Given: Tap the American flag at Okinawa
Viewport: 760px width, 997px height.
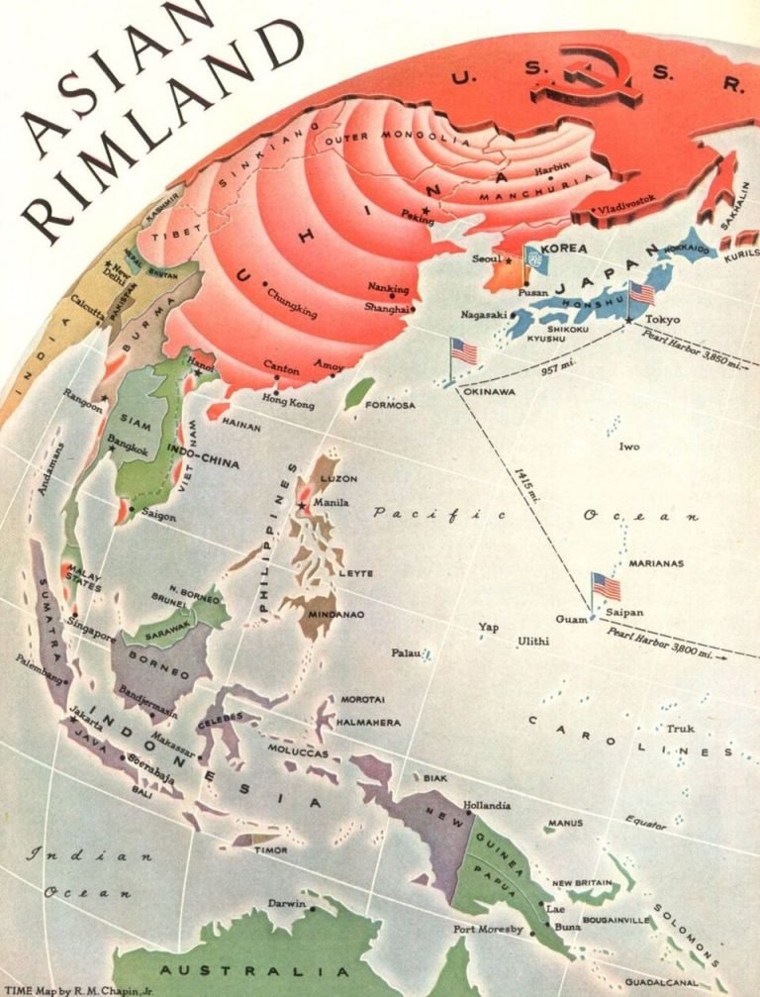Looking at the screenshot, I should click(x=463, y=351).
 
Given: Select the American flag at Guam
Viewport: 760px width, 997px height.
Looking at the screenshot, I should click(x=606, y=585).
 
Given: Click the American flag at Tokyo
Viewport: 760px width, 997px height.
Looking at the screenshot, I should click(x=641, y=293).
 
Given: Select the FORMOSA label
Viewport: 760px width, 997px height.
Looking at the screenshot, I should click(x=390, y=406).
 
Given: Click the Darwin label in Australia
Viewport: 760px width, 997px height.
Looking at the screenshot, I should click(x=287, y=903).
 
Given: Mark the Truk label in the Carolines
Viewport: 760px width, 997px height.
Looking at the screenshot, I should click(x=680, y=729).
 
